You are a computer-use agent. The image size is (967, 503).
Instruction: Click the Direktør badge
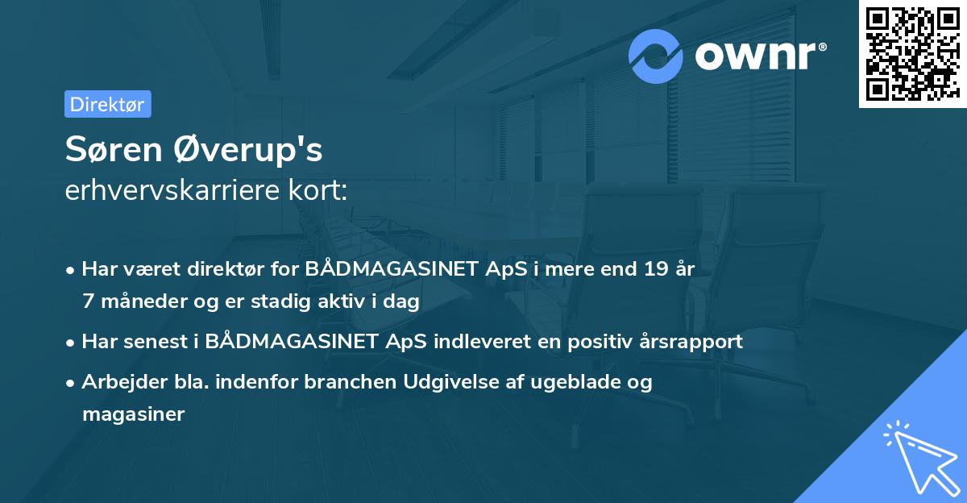pyautogui.click(x=107, y=104)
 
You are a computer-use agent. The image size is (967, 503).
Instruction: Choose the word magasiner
pyautogui.click(x=133, y=414)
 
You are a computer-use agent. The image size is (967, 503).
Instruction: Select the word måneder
pyautogui.click(x=135, y=301)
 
